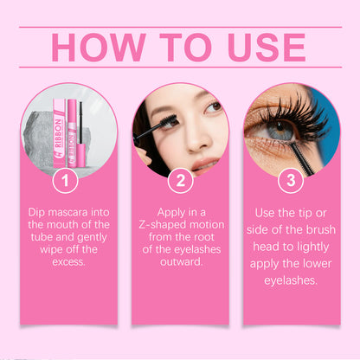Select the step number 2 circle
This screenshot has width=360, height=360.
tap(180, 182)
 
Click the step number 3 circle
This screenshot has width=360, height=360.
tap(291, 182)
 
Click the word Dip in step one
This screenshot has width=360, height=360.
tap(39, 210)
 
